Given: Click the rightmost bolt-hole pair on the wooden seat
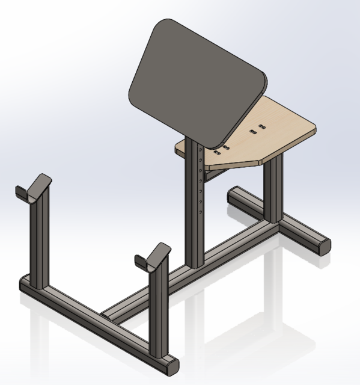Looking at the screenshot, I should click(262, 126).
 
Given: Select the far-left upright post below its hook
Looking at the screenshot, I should click(40, 247).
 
